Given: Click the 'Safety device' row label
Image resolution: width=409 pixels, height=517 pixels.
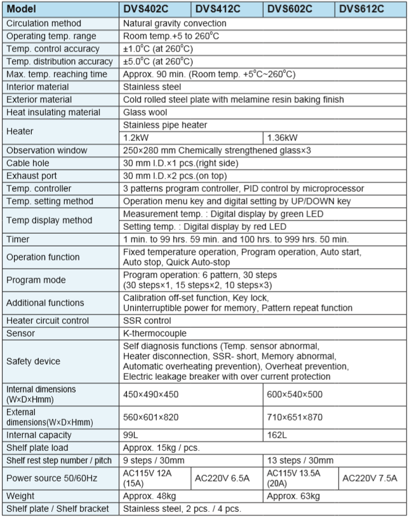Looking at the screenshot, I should click(34, 361).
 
